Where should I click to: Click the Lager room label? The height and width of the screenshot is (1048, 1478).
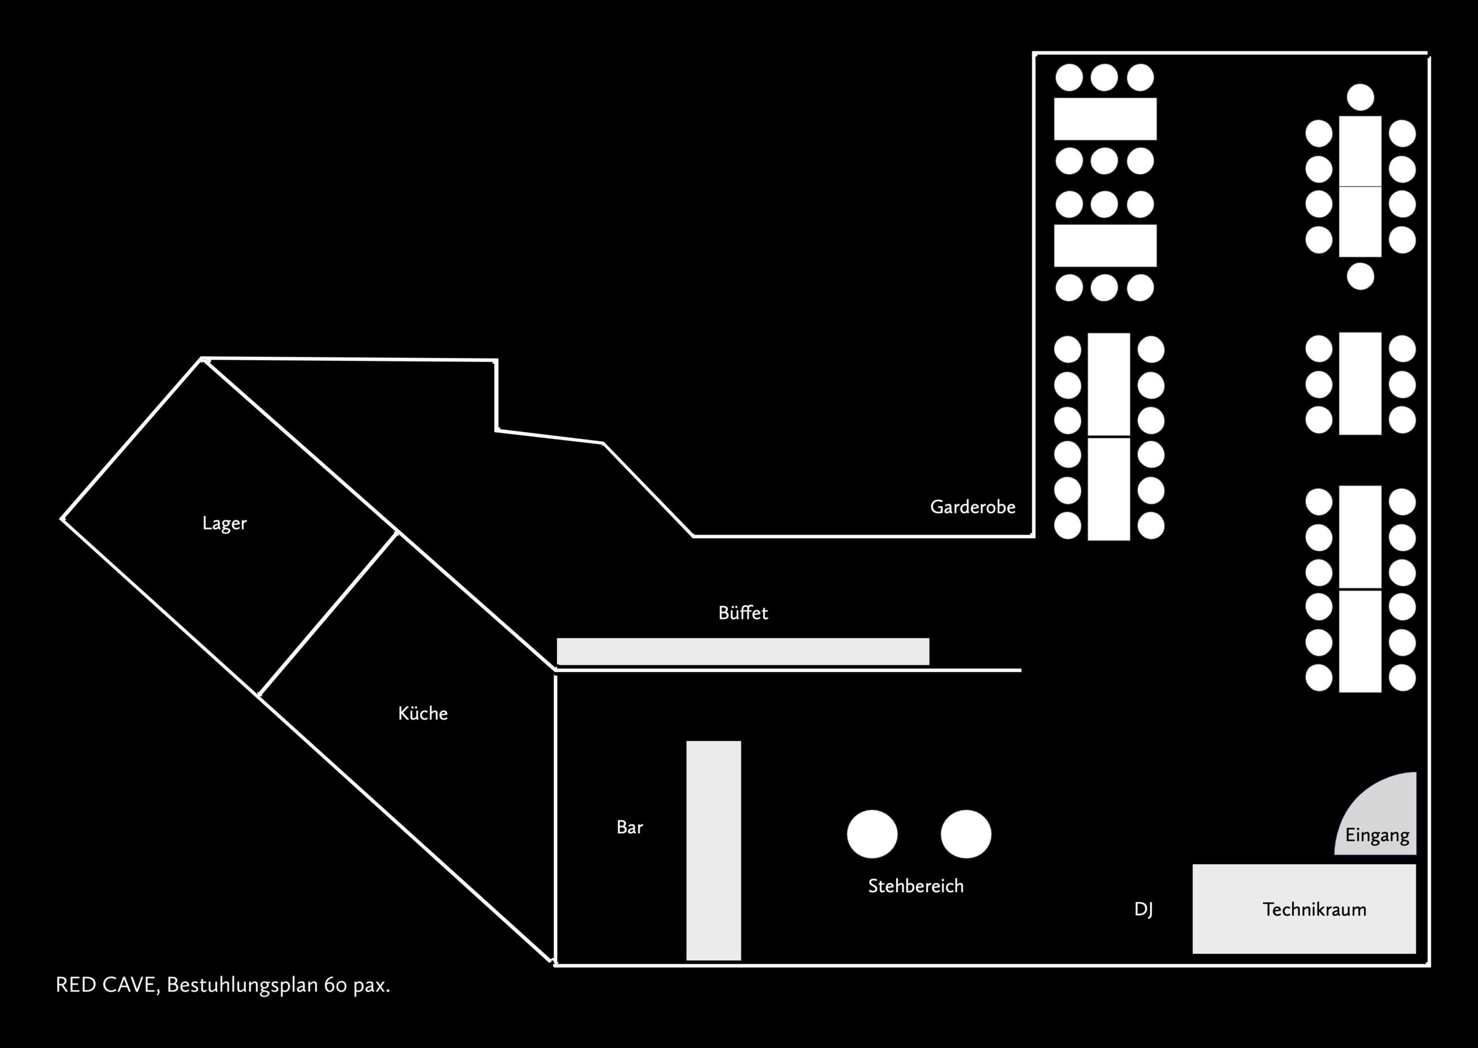click(x=224, y=523)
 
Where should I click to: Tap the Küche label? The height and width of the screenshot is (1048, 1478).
click(x=423, y=713)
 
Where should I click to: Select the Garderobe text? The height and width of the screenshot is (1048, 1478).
click(x=972, y=507)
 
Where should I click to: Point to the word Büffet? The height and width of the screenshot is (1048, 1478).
click(x=742, y=613)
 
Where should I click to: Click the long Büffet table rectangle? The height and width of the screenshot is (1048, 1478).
click(x=742, y=651)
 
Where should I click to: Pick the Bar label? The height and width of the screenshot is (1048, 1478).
click(x=630, y=827)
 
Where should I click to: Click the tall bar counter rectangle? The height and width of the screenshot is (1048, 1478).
click(x=713, y=850)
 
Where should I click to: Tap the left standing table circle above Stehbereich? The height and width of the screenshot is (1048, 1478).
click(x=872, y=834)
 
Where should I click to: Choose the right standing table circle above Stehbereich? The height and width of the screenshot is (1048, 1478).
click(x=966, y=834)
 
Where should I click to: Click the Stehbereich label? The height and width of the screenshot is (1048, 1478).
click(x=916, y=886)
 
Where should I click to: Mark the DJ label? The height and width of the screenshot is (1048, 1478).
click(x=1143, y=909)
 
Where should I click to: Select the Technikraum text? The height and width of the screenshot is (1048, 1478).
click(x=1314, y=909)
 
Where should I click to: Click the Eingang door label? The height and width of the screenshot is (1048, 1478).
click(x=1377, y=835)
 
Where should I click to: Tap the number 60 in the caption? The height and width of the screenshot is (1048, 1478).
click(x=336, y=986)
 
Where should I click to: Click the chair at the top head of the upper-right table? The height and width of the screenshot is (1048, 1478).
click(x=1360, y=97)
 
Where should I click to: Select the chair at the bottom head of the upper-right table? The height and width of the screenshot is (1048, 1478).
click(x=1360, y=276)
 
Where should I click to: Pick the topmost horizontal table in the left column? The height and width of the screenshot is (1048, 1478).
click(x=1104, y=119)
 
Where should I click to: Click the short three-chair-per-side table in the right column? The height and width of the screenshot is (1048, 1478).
click(x=1360, y=384)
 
